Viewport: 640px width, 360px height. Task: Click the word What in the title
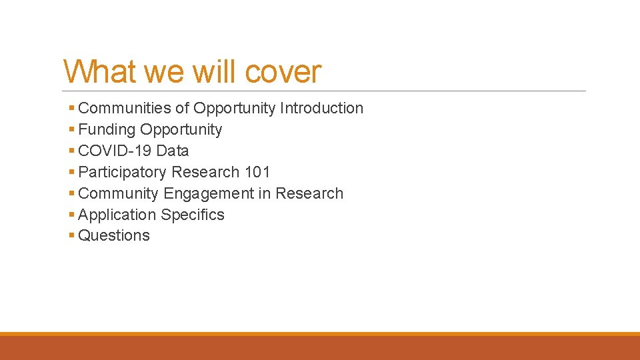click(100, 72)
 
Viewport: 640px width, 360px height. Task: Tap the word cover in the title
click(283, 72)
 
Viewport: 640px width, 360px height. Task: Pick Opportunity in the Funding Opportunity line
click(181, 129)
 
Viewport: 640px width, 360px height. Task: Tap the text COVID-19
click(115, 151)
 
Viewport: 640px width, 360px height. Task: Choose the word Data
click(173, 151)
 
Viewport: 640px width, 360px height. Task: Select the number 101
click(257, 172)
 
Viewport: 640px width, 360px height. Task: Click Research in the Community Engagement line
click(309, 193)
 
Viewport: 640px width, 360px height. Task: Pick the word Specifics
click(192, 215)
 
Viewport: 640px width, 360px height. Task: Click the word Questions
click(114, 235)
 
